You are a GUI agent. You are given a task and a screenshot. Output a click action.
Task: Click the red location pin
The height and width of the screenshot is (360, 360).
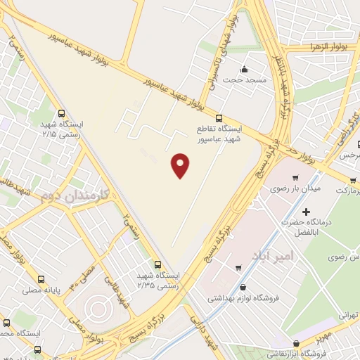(x=181, y=165)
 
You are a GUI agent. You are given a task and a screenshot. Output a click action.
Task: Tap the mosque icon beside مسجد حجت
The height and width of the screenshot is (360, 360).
(x=244, y=69)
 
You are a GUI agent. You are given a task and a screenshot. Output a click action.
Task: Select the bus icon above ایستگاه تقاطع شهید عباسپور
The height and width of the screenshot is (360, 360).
(x=219, y=118)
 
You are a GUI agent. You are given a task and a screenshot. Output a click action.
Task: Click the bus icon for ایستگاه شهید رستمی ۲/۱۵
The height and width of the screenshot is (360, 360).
(x=62, y=112)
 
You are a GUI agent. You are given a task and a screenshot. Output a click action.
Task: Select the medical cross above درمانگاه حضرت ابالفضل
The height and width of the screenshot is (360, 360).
(x=305, y=211)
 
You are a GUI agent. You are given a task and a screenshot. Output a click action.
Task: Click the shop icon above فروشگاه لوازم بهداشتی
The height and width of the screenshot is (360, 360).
(x=243, y=286)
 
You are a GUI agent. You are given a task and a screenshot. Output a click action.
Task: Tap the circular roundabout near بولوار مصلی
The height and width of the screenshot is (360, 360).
(x=96, y=308)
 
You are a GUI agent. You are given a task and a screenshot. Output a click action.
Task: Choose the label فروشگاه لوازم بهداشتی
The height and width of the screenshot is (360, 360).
(x=243, y=297)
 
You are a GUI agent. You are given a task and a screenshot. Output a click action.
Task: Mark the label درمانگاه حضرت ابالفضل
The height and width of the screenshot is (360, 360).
(x=305, y=226)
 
